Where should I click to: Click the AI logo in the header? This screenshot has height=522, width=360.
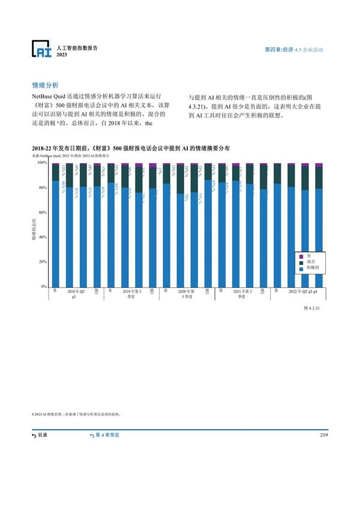coord(42,50)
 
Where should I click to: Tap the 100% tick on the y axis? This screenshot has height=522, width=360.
coord(42,163)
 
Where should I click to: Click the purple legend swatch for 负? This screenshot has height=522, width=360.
coord(302,256)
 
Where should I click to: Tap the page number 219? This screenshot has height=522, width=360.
coord(324,434)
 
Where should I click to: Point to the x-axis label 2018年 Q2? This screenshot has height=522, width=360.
coord(76,291)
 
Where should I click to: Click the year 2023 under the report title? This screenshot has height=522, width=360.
coord(62,55)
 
